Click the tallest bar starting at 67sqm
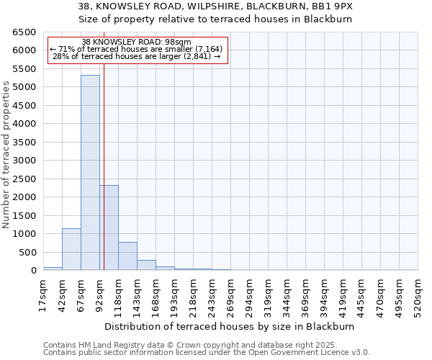pos(90,173)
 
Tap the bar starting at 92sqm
pos(109,228)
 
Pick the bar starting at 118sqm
pos(127,256)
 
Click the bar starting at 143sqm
pos(146,265)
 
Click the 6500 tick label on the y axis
pos(24,32)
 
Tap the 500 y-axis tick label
pos(27,252)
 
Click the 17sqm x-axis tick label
pos(43,295)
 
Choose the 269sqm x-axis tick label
pos(230,295)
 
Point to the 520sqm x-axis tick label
pos(418,295)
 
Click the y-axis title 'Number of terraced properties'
pos(7,155)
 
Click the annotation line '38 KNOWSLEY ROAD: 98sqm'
pos(137,42)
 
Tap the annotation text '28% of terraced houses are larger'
pos(137,56)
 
